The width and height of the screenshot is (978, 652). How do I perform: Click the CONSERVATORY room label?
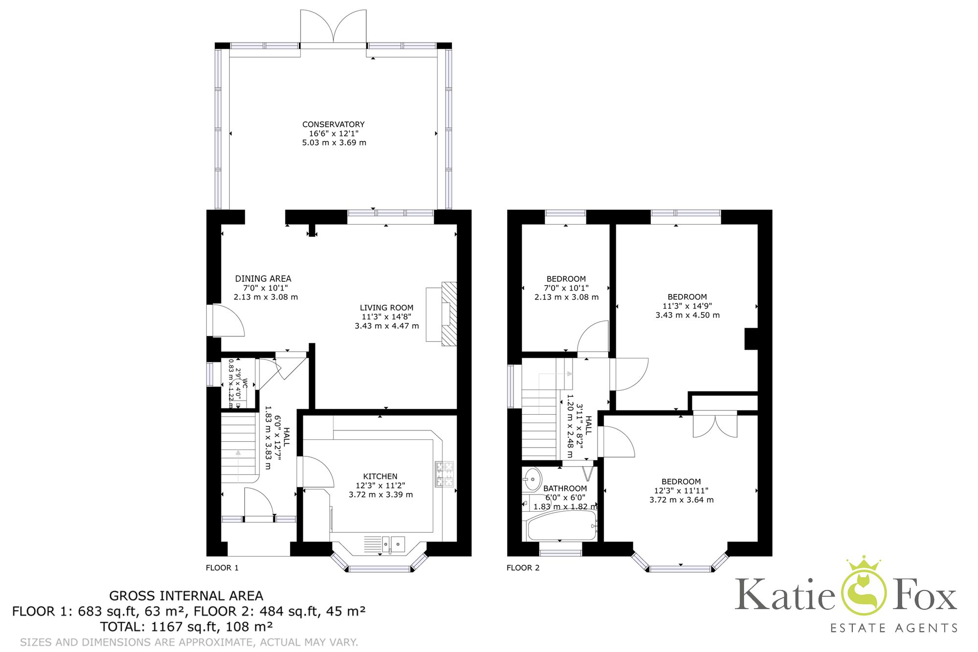click(x=333, y=124)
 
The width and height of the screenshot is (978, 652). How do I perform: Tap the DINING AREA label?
click(x=263, y=278)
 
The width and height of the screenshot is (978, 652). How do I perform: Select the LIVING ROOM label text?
click(x=386, y=308)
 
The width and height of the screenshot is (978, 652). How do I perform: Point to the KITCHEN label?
click(x=380, y=476)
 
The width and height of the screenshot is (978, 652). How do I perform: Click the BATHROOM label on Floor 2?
click(x=565, y=488)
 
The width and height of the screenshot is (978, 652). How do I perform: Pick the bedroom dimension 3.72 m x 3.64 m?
click(x=681, y=500)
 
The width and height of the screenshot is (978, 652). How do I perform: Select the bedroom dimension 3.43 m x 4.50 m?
click(x=687, y=315)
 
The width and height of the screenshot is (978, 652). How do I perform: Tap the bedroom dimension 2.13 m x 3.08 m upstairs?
click(x=566, y=297)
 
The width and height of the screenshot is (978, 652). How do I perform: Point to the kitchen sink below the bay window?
click(x=393, y=544)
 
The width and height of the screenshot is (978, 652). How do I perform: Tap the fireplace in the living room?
click(x=448, y=314)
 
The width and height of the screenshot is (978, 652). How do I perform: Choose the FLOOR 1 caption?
click(x=222, y=568)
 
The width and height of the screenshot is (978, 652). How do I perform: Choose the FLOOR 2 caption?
click(x=523, y=568)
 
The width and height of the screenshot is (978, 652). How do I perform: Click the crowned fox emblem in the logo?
click(x=863, y=587)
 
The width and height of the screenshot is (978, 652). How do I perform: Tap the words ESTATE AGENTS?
click(x=894, y=628)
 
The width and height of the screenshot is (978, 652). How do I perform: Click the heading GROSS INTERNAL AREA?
click(x=186, y=596)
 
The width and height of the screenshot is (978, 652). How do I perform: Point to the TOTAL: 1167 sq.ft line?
click(x=186, y=627)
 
